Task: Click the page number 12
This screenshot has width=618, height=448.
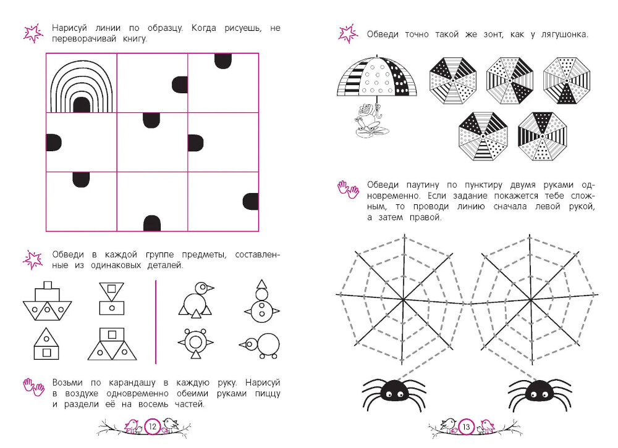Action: point(153,426)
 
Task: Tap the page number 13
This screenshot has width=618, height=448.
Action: point(466,427)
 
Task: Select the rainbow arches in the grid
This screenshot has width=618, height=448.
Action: point(82,86)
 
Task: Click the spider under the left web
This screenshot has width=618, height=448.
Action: point(394,392)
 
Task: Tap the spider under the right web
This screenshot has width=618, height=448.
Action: point(540,392)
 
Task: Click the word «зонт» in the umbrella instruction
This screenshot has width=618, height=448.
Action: point(493,35)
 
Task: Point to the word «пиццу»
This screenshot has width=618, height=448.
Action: point(268,394)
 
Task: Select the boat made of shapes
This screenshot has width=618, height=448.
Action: point(48,301)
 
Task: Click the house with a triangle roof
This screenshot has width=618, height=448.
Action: point(46,344)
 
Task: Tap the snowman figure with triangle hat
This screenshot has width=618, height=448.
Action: point(261,302)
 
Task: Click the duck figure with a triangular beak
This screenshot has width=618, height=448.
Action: point(196,300)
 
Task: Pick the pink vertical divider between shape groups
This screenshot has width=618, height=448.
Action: point(156,322)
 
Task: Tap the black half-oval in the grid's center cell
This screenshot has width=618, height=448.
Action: point(151,120)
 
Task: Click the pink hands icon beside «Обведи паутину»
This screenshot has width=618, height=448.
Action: point(348,189)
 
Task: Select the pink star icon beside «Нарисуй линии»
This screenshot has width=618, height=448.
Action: point(33,33)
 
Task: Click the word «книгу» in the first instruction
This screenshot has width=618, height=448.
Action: point(135,39)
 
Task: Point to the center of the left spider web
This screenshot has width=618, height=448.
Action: point(403,300)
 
